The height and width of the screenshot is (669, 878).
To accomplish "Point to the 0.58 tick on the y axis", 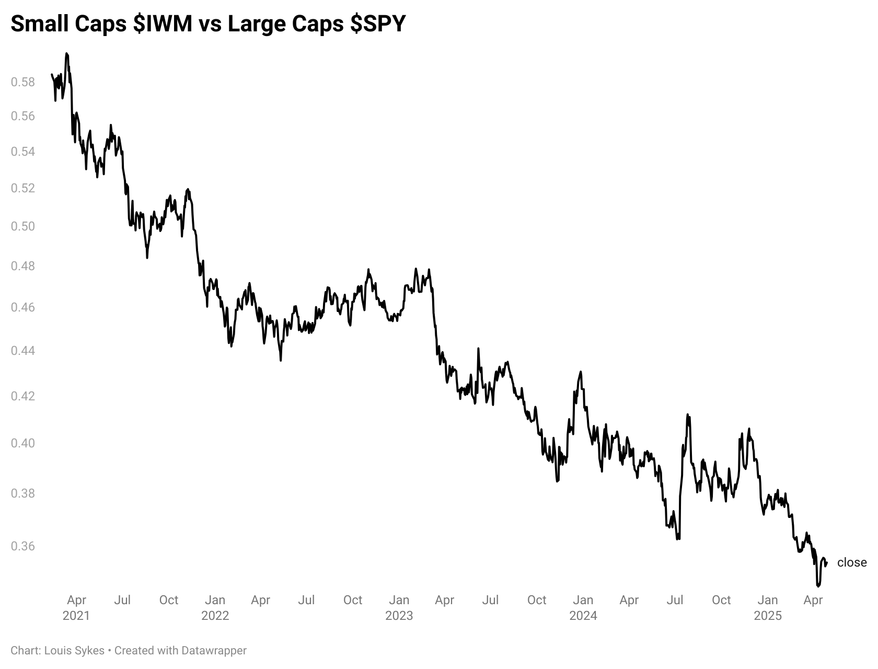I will click(x=23, y=82).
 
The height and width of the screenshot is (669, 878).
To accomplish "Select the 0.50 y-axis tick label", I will click(x=23, y=226).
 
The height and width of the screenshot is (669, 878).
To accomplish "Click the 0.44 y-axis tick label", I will click(x=23, y=350).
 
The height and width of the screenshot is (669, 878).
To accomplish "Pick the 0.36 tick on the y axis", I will click(x=23, y=546).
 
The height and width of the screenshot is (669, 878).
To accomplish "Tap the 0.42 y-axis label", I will click(x=23, y=396).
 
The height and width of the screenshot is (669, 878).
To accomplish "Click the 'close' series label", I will click(x=852, y=562).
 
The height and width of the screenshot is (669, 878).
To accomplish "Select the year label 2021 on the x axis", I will click(x=76, y=616).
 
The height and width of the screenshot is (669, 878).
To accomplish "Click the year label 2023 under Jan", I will click(x=399, y=616).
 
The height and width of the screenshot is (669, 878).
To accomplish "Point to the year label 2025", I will click(x=768, y=616).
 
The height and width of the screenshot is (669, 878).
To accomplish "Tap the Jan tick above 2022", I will click(x=215, y=600).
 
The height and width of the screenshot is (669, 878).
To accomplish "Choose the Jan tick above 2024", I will click(x=583, y=600).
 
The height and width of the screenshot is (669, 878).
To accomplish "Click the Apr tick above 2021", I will click(x=76, y=600).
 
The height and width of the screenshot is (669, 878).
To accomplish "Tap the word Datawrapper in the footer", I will click(x=214, y=651).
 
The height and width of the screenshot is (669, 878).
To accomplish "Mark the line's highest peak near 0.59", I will click(x=66, y=53).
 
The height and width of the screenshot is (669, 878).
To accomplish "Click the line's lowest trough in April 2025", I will click(x=818, y=586).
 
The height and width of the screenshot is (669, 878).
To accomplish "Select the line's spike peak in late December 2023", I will click(x=581, y=372).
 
